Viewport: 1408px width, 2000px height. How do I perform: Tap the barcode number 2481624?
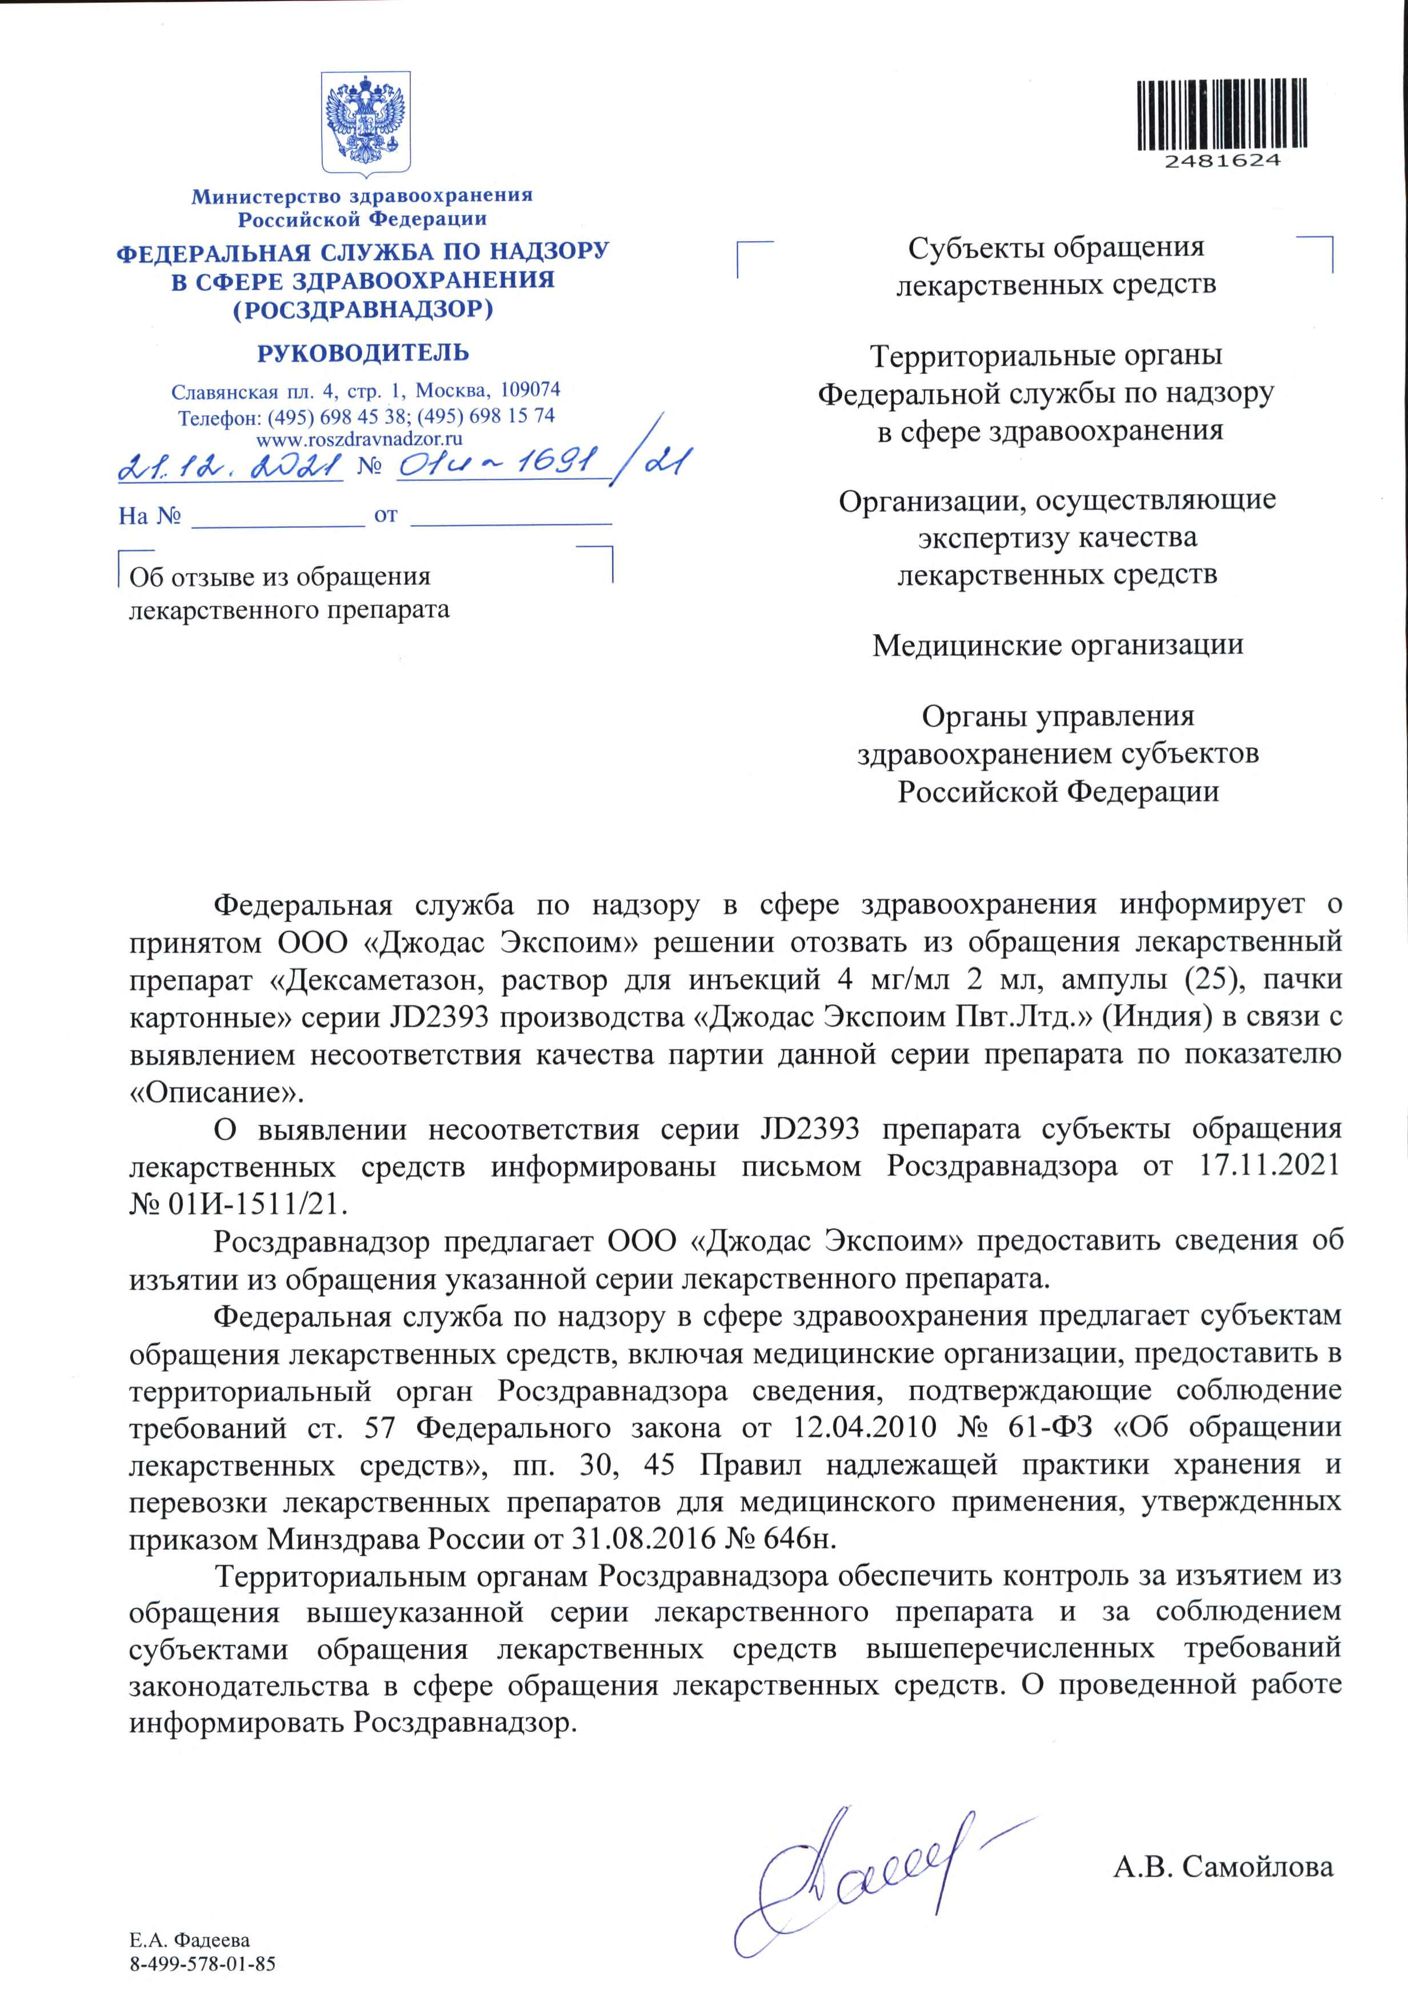tap(1222, 161)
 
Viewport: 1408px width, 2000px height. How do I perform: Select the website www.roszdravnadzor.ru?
tap(359, 439)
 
